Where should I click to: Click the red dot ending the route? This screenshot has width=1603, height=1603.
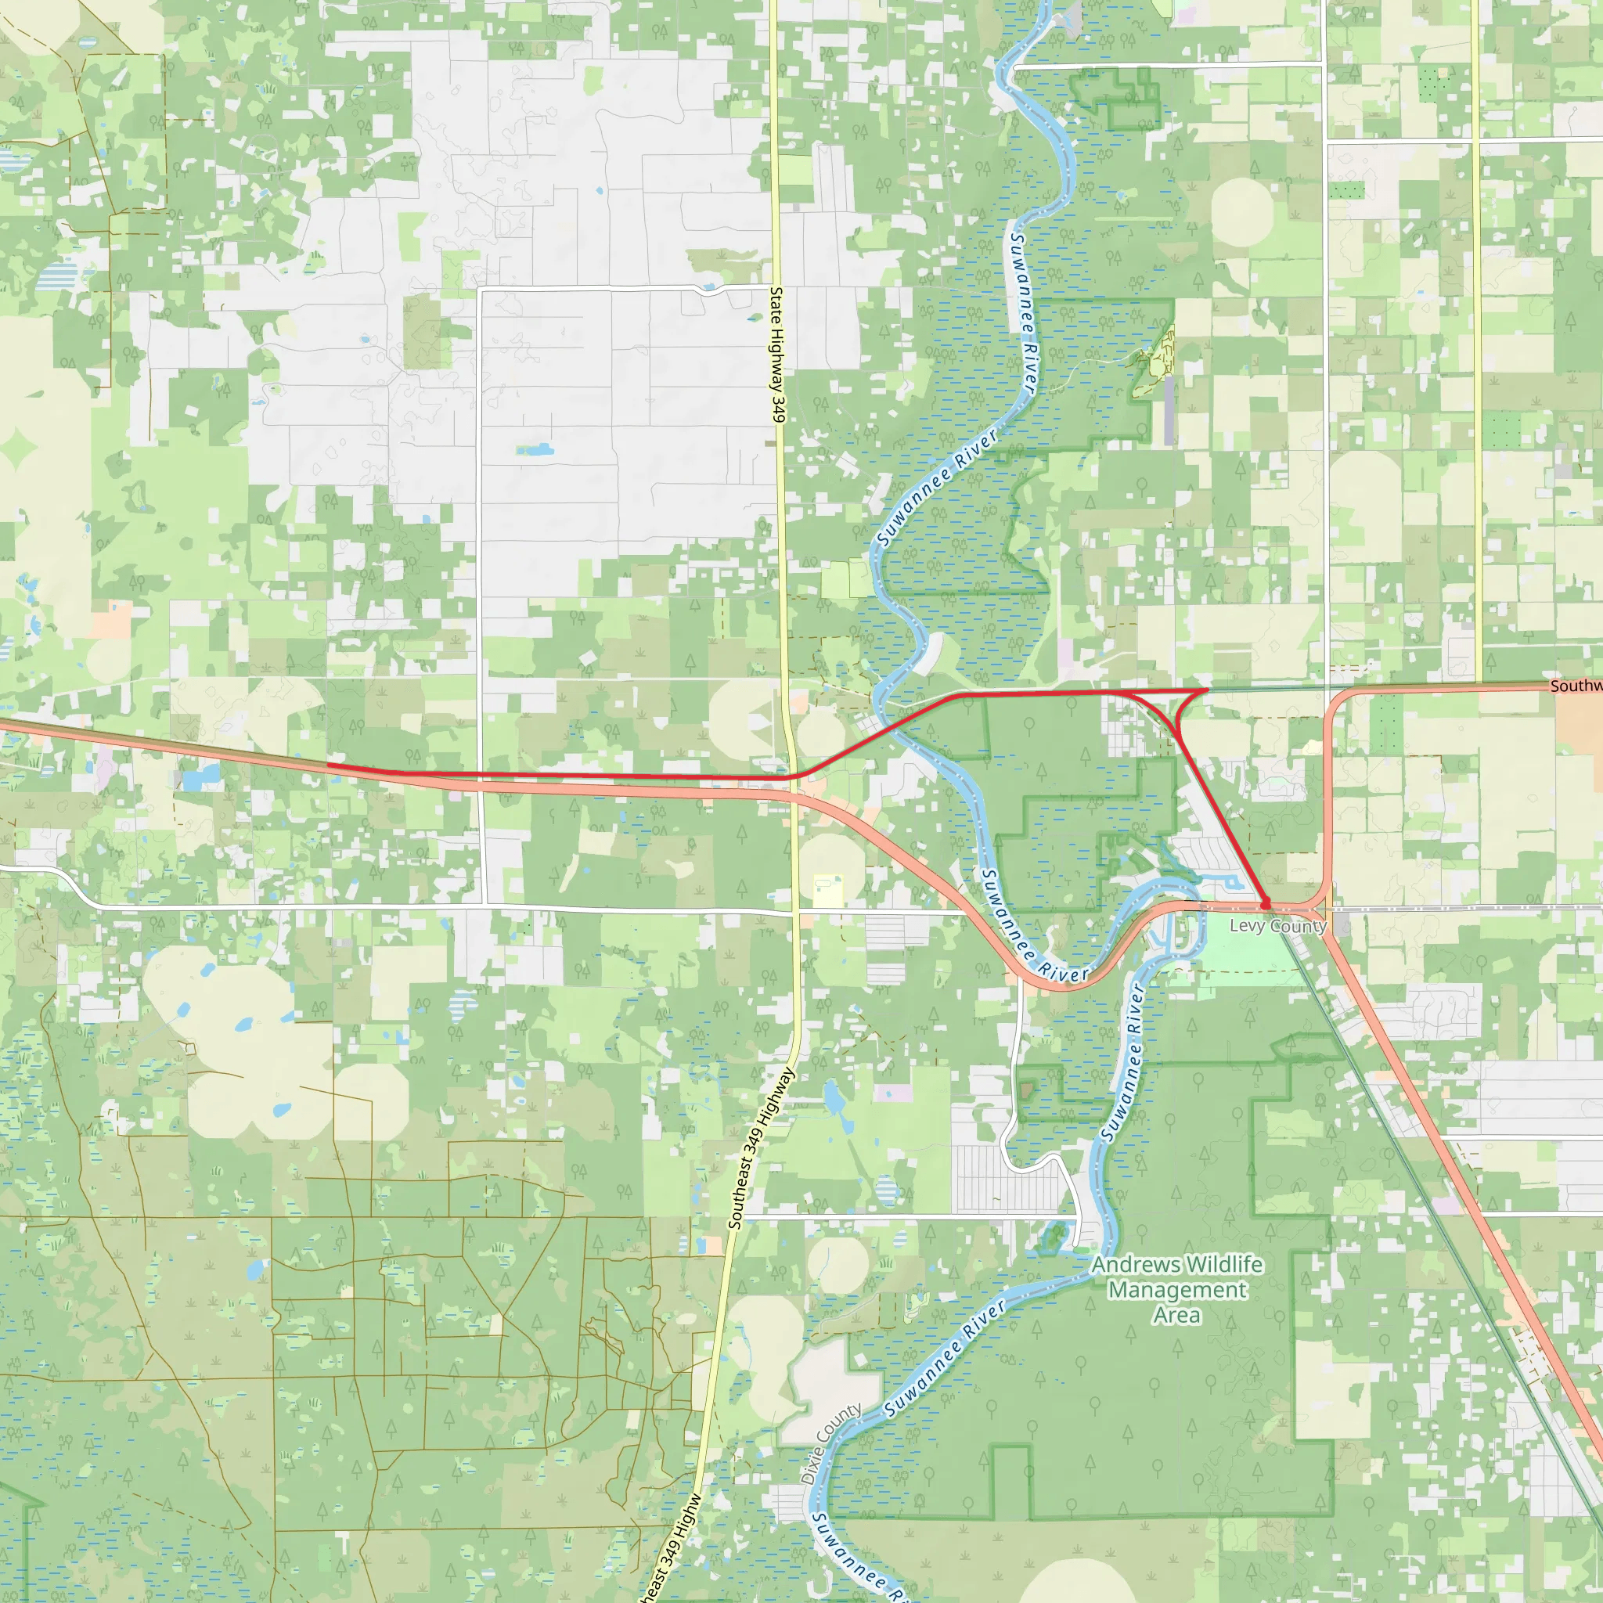pyautogui.click(x=1265, y=903)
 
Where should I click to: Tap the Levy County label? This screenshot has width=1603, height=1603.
pyautogui.click(x=1277, y=926)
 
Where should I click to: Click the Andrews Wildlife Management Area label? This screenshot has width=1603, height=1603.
pyautogui.click(x=1177, y=1289)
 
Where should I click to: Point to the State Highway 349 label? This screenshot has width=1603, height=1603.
pyautogui.click(x=777, y=355)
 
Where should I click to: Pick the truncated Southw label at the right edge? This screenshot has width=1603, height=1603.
pyautogui.click(x=1576, y=686)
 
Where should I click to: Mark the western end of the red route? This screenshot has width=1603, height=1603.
pyautogui.click(x=329, y=765)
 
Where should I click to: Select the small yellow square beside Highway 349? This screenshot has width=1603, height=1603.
pyautogui.click(x=827, y=889)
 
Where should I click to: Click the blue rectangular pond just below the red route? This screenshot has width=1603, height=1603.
pyautogui.click(x=199, y=778)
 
